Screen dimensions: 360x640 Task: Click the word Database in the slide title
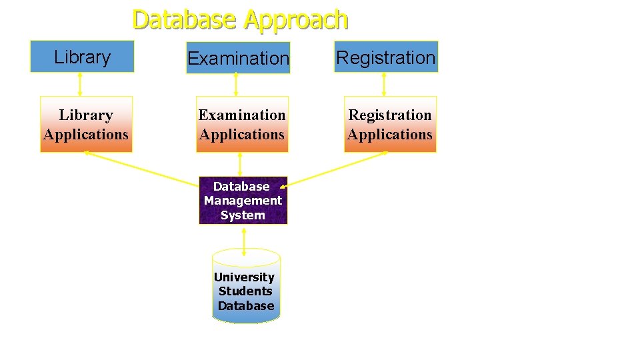[x=185, y=19]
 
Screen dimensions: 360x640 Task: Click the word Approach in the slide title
[x=295, y=20]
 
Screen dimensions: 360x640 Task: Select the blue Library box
[x=82, y=57]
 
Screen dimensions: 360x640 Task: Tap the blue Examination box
[x=238, y=58]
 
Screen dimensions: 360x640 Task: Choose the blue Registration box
[x=385, y=57]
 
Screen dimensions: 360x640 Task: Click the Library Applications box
[x=86, y=125]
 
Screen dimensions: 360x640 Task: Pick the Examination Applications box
[x=242, y=125]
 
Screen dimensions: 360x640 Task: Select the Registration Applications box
[x=390, y=125]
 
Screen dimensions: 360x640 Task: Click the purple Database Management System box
[x=243, y=201]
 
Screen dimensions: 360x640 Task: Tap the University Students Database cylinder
[x=246, y=291]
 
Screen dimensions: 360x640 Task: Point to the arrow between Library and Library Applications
[x=80, y=84]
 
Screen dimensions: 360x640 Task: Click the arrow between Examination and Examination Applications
[x=236, y=85]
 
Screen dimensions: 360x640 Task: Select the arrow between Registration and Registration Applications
[x=384, y=84]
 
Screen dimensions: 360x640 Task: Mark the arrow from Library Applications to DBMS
[x=140, y=166]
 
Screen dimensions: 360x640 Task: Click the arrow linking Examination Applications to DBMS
[x=240, y=165]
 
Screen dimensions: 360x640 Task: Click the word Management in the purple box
[x=243, y=201]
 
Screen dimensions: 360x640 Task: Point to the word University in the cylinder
[x=244, y=277]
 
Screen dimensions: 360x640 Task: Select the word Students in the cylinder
[x=245, y=291]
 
